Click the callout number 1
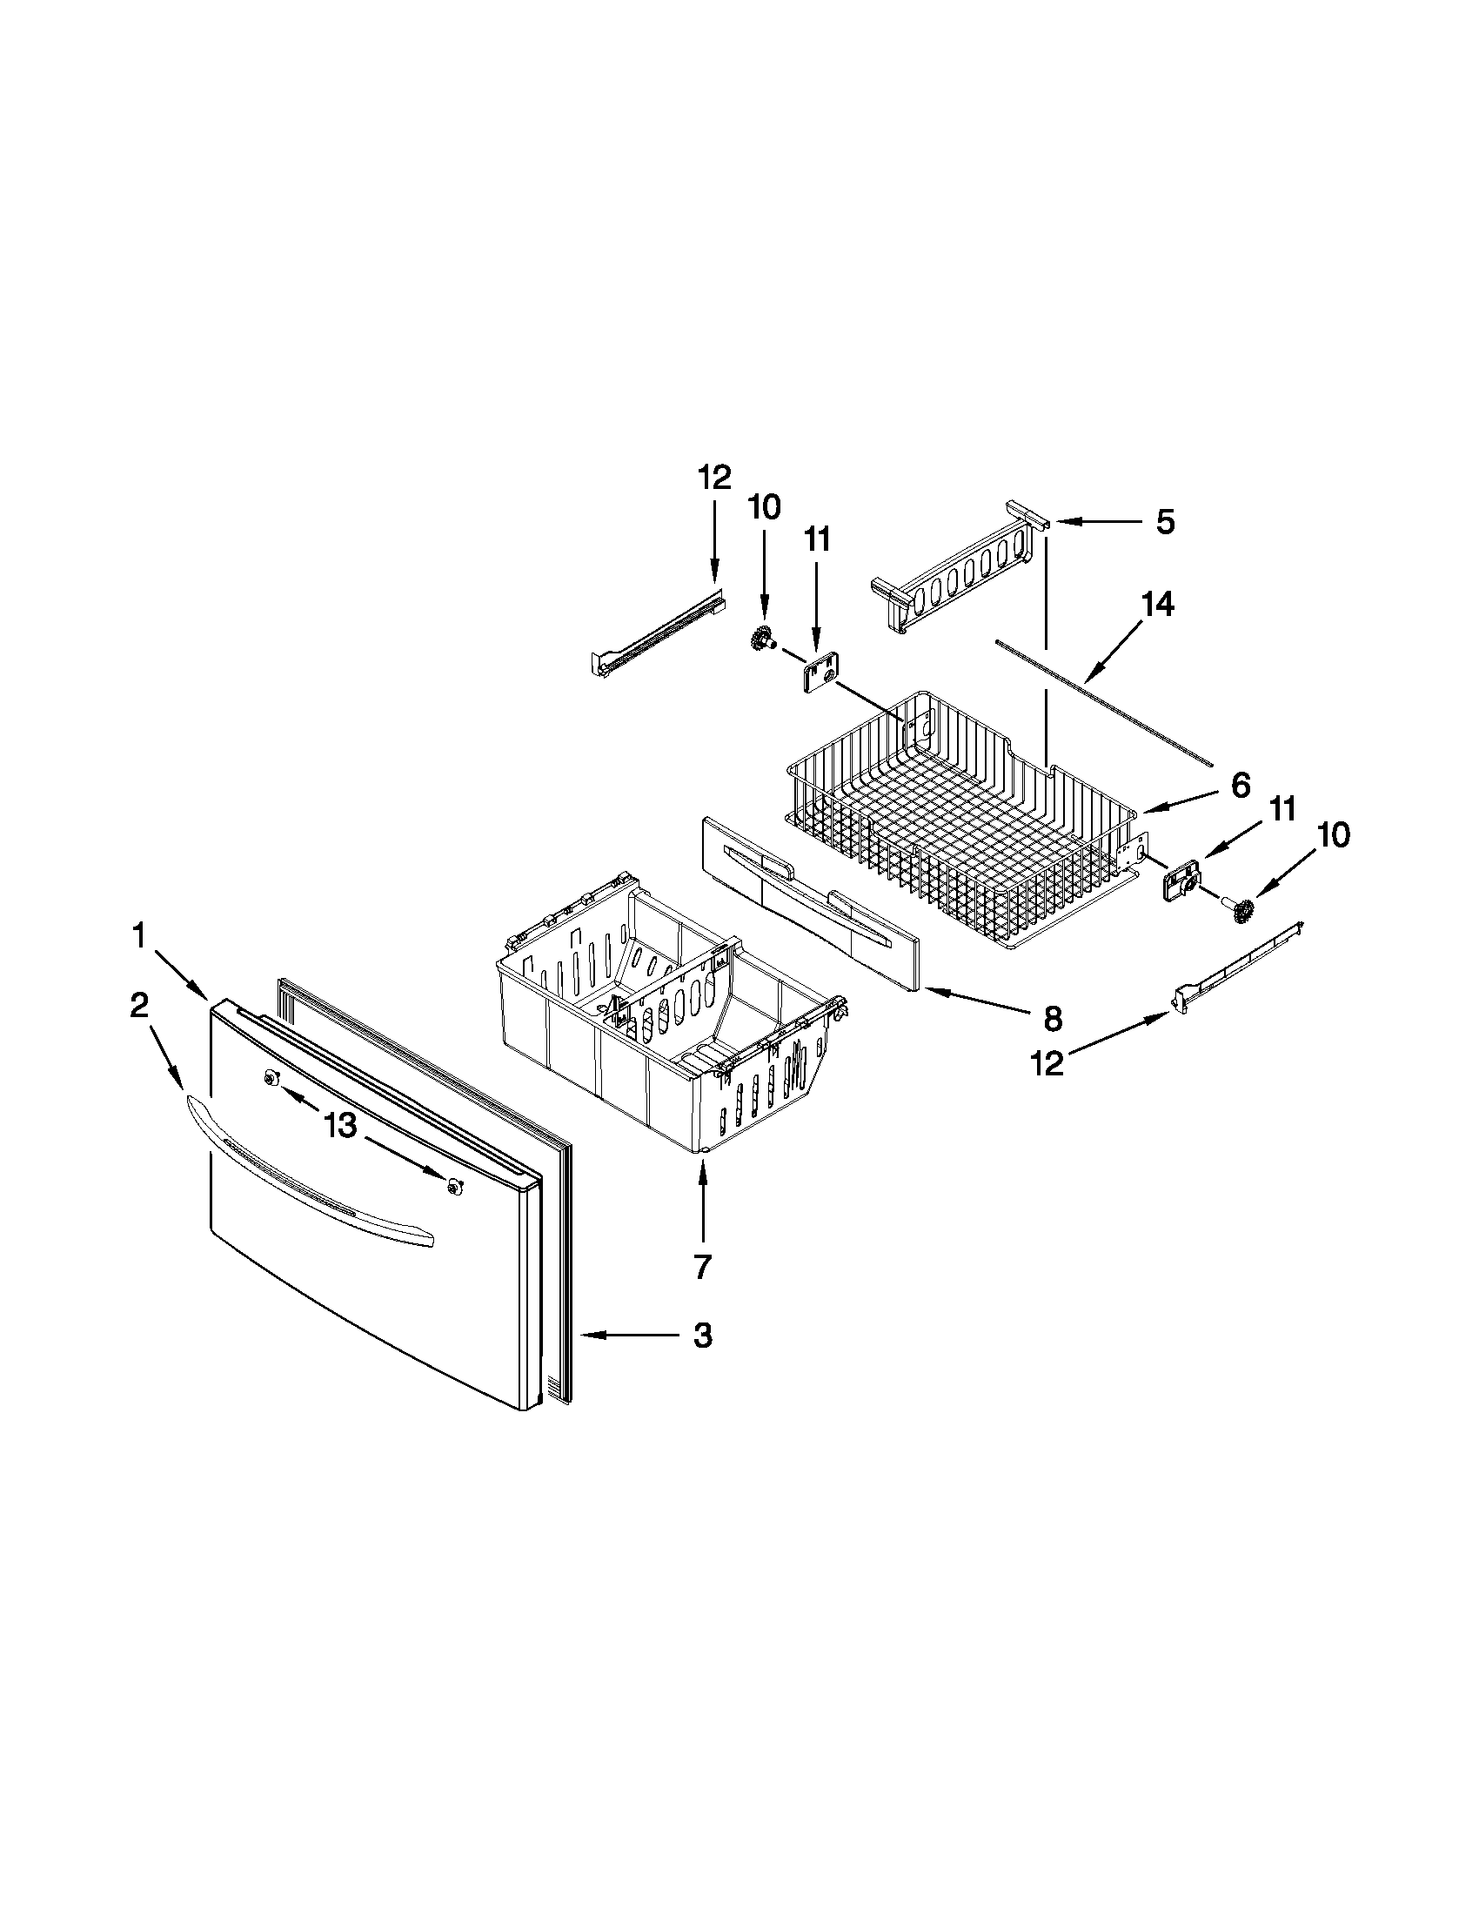click(139, 937)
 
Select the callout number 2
click(139, 1006)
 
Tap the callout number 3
click(702, 1336)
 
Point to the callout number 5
click(1164, 523)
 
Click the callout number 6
click(1239, 786)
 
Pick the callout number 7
click(702, 1267)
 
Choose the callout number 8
click(1052, 1019)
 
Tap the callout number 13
click(340, 1126)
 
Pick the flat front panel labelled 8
click(806, 903)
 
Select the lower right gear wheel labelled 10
click(1241, 913)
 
